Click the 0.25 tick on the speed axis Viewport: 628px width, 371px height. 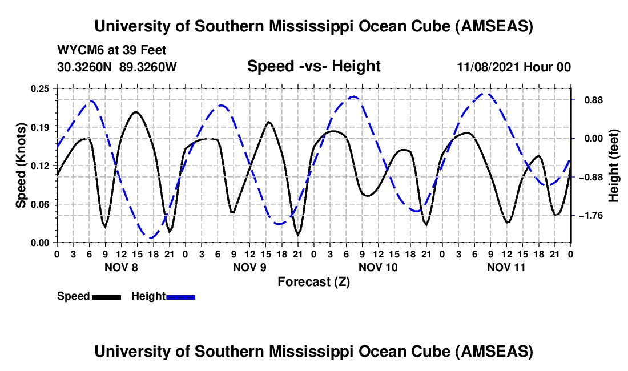[x=41, y=88]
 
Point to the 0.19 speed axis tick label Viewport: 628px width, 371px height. [x=41, y=127]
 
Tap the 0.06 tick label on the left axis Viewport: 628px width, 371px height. [x=41, y=204]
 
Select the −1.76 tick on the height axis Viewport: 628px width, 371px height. [x=589, y=216]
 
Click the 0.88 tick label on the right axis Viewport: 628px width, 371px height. [x=589, y=100]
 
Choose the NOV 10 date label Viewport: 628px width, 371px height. [x=377, y=267]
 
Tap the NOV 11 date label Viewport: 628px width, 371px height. [x=506, y=267]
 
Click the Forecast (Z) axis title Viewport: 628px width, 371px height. [x=313, y=281]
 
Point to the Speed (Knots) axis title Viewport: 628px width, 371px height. [x=21, y=166]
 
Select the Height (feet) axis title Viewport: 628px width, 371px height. [x=614, y=166]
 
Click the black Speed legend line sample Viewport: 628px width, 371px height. [x=106, y=296]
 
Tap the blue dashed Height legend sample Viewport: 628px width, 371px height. [x=180, y=296]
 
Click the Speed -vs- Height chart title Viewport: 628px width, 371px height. [x=313, y=67]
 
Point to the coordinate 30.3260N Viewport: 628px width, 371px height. [x=86, y=67]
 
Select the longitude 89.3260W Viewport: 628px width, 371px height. [x=148, y=67]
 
